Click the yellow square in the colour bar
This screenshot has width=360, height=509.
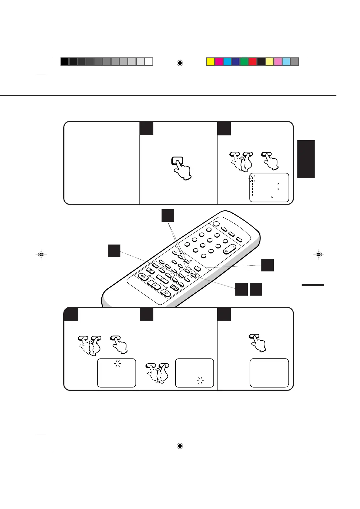coord(211,62)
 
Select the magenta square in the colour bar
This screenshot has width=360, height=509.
coord(219,62)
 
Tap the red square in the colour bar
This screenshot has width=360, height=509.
coord(253,62)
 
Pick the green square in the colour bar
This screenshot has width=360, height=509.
coord(244,62)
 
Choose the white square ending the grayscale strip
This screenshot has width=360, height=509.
coord(149,62)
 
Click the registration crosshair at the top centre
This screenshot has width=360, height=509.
coord(180,63)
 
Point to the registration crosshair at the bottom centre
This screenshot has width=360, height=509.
coord(180,446)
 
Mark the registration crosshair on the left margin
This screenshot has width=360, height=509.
coord(41,254)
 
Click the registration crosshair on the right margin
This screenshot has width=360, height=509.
coord(319,254)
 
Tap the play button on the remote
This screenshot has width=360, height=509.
coord(154,285)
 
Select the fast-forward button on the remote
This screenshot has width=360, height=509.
coord(165,292)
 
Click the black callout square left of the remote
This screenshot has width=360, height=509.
coord(114,251)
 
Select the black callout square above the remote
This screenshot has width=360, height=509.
coord(167,216)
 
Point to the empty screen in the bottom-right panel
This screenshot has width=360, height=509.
coord(269,373)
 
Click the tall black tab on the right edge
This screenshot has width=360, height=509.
coord(306,159)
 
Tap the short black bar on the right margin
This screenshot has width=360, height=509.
coord(313,285)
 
